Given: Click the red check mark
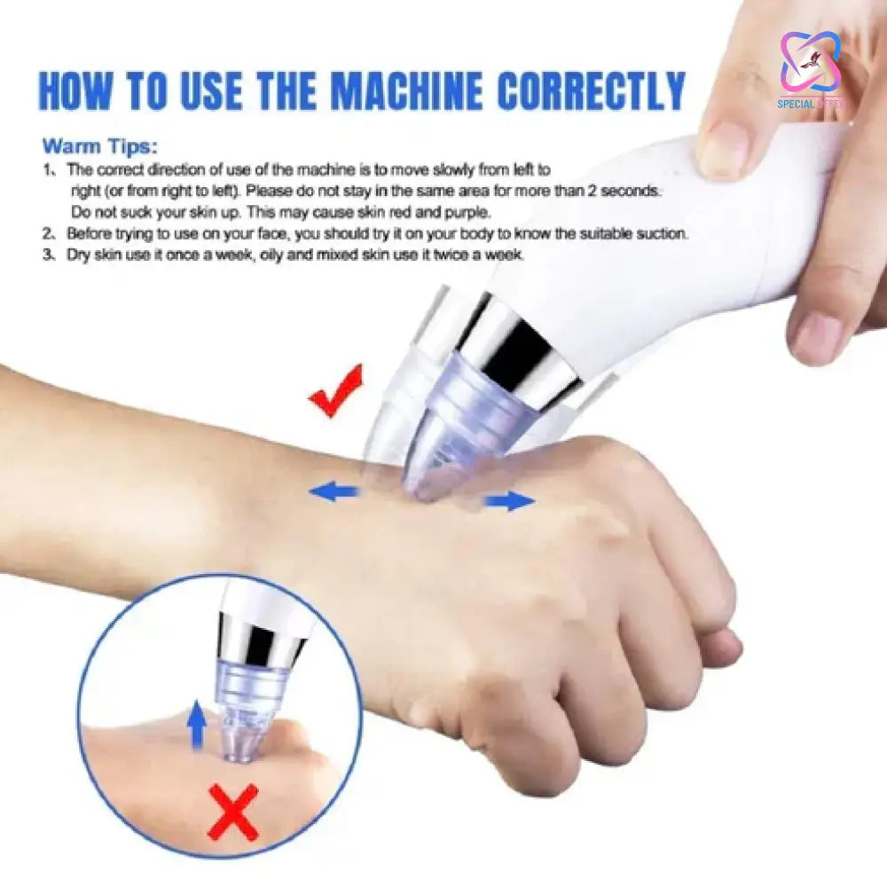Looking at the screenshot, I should click(336, 390).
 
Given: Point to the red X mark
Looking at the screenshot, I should click(232, 811).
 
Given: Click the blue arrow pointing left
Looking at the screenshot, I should click(334, 491).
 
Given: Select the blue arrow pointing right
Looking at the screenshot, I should click(509, 502).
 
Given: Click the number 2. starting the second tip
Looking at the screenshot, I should click(51, 234).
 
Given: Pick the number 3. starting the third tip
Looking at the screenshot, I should click(51, 255).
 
